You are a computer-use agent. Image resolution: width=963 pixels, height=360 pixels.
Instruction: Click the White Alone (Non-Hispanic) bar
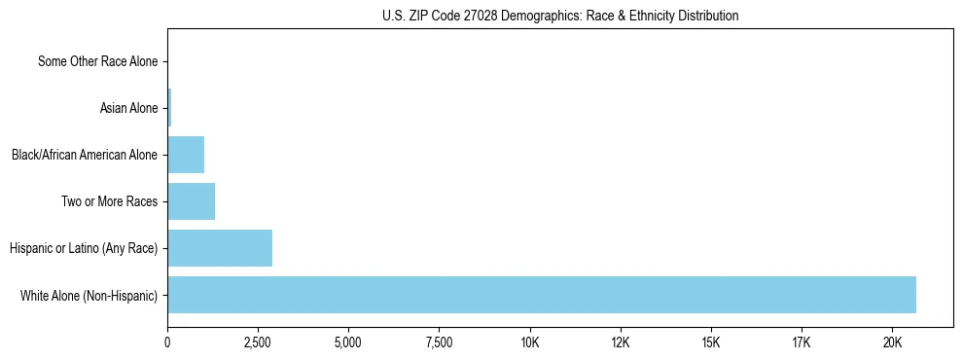541,295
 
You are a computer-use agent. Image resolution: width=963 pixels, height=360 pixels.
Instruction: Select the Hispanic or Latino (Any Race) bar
220,248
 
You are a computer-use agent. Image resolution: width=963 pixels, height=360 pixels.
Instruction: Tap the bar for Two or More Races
191,201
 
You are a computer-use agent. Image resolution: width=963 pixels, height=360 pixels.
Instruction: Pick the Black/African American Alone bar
186,155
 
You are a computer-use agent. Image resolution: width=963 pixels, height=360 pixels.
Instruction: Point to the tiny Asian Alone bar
169,108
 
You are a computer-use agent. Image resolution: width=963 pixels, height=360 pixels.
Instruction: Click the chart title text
560,16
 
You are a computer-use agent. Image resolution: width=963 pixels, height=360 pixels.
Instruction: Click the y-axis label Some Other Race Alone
97,61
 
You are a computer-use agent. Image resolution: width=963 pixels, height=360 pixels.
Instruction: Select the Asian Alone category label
128,108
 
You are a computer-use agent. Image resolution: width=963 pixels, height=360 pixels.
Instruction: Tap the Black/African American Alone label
84,155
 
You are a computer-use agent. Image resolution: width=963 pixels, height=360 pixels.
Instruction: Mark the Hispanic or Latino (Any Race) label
84,248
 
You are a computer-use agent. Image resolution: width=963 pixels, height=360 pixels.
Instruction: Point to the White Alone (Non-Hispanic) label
89,295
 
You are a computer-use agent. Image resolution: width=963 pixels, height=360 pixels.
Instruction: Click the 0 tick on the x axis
167,342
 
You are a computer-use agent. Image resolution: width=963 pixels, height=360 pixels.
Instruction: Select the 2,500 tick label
258,342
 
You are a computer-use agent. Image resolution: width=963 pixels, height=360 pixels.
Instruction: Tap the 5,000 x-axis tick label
348,342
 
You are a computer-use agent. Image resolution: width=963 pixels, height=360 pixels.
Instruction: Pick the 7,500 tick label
439,342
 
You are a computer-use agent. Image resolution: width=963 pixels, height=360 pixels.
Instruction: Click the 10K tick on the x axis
530,342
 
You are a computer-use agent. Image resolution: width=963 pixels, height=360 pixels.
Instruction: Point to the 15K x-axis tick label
711,342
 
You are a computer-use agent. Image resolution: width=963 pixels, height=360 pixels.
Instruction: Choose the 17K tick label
802,342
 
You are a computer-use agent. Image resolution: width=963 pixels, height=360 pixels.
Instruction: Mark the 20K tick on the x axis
892,342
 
